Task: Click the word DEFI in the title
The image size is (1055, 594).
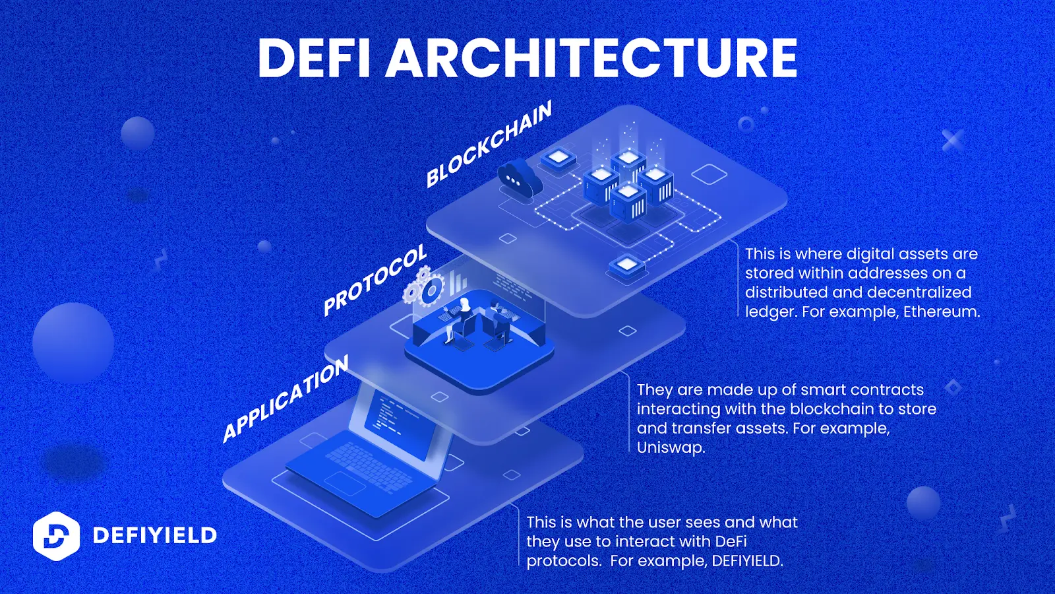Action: pyautogui.click(x=313, y=58)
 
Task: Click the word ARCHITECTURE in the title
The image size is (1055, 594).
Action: pyautogui.click(x=591, y=58)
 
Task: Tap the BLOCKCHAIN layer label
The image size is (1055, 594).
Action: pyautogui.click(x=488, y=145)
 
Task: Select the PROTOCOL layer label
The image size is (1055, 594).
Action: pyautogui.click(x=375, y=280)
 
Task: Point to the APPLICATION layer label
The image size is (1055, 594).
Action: pyautogui.click(x=285, y=399)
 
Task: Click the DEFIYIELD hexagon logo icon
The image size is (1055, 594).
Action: pyautogui.click(x=56, y=536)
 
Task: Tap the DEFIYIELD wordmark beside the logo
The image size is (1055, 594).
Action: pyautogui.click(x=155, y=535)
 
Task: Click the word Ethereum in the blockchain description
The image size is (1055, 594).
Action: pyautogui.click(x=941, y=312)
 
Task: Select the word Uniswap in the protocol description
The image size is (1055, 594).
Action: pyautogui.click(x=669, y=447)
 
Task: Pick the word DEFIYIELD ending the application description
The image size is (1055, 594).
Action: pyautogui.click(x=746, y=561)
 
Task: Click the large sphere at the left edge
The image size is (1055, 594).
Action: pyautogui.click(x=73, y=343)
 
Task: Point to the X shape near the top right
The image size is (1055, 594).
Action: pyautogui.click(x=952, y=140)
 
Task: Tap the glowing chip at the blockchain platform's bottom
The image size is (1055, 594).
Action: pyautogui.click(x=626, y=265)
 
